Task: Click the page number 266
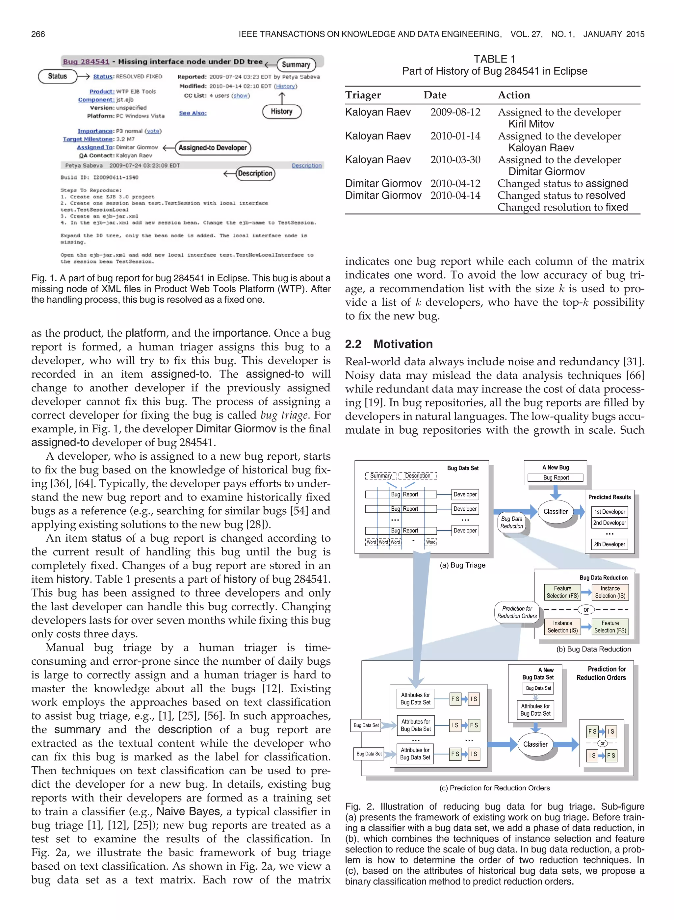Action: pyautogui.click(x=38, y=34)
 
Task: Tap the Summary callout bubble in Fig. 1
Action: pyautogui.click(x=296, y=64)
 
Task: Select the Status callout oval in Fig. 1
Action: pyautogui.click(x=58, y=76)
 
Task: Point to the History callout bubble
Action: pyautogui.click(x=281, y=111)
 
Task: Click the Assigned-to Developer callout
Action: pyautogui.click(x=213, y=148)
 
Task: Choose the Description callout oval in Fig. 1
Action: pyautogui.click(x=255, y=173)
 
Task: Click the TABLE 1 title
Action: pyautogui.click(x=494, y=59)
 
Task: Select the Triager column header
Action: pyautogui.click(x=363, y=95)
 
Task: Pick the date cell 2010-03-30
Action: pyautogui.click(x=455, y=160)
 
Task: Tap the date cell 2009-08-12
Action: pyautogui.click(x=455, y=112)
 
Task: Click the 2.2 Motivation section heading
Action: pyautogui.click(x=389, y=344)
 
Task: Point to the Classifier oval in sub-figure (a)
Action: pyautogui.click(x=555, y=512)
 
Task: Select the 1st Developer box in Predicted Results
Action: pyautogui.click(x=609, y=512)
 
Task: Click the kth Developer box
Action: pyautogui.click(x=609, y=544)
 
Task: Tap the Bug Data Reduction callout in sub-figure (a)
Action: pyautogui.click(x=512, y=523)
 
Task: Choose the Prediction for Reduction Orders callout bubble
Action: pyautogui.click(x=517, y=612)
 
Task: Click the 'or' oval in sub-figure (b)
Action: pyautogui.click(x=586, y=610)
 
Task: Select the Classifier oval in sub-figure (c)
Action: pyautogui.click(x=535, y=744)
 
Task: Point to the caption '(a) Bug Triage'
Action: pyautogui.click(x=462, y=565)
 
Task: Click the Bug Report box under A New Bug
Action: pyautogui.click(x=555, y=477)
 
